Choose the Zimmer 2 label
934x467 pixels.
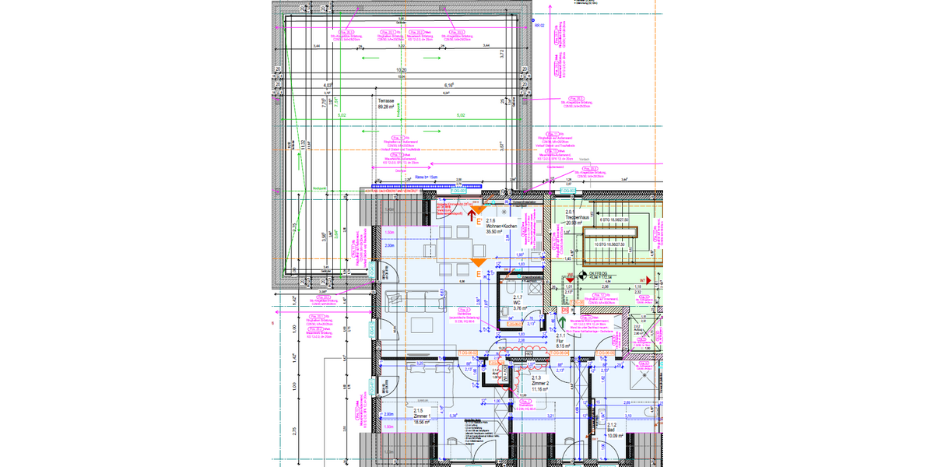541,384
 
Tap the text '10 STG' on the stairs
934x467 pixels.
600,244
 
